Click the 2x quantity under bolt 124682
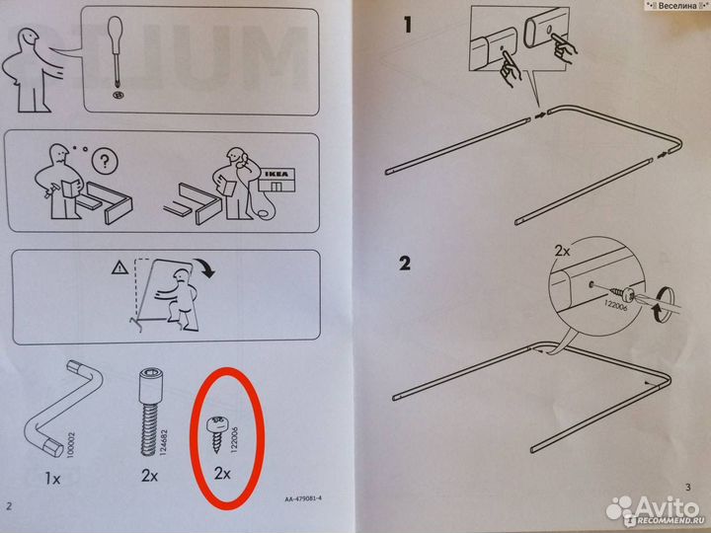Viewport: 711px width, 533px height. (149, 475)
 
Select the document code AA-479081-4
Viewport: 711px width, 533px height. (290, 499)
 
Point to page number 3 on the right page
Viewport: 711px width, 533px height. (688, 487)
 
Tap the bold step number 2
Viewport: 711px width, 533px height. (405, 264)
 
